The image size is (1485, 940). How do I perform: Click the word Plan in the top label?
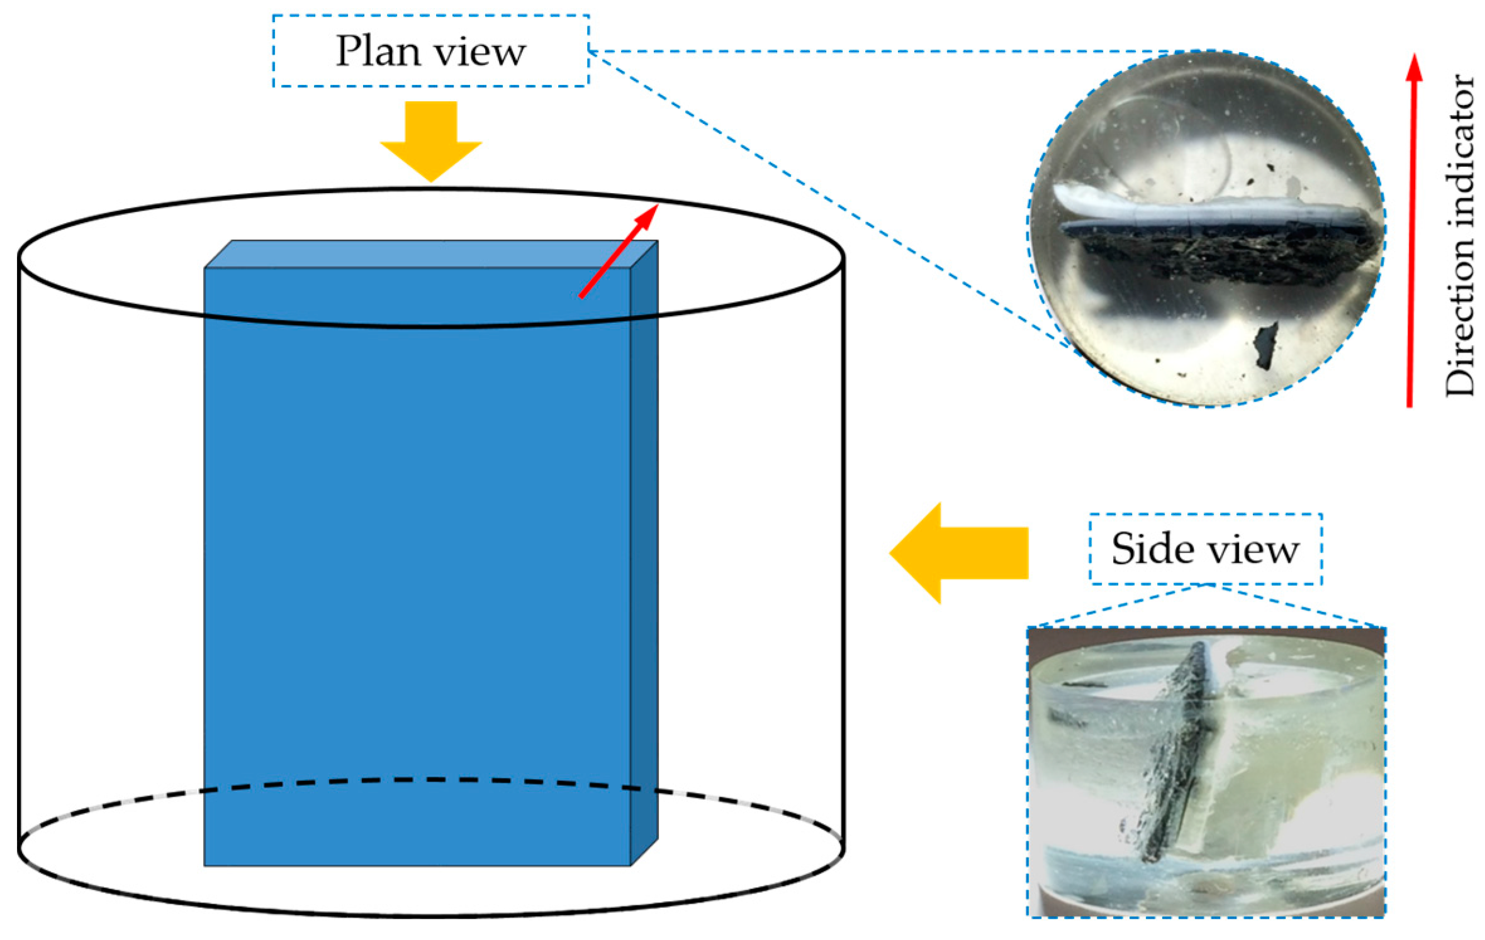[x=378, y=51]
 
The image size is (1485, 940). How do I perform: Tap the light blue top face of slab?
[x=428, y=254]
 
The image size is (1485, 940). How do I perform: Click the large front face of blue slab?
[x=415, y=566]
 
